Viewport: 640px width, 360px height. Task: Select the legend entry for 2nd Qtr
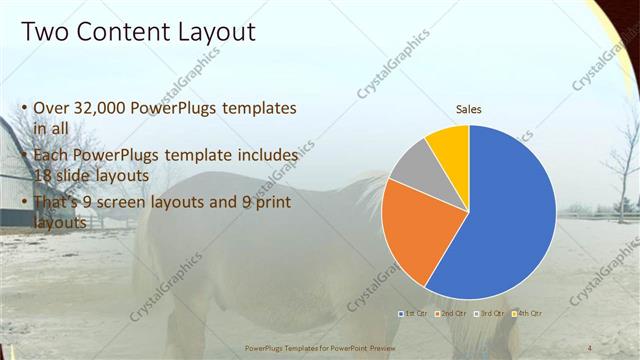(453, 314)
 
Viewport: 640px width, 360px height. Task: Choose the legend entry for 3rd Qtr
(491, 314)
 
